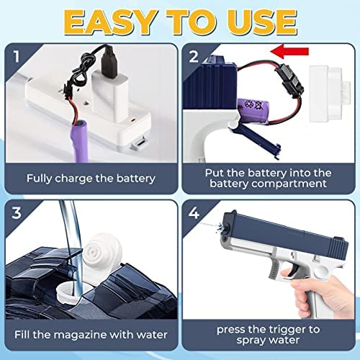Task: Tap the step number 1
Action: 17,57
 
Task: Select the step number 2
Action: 194,57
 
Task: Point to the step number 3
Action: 17,212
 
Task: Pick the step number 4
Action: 194,212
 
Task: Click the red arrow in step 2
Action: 289,51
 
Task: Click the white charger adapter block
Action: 109,96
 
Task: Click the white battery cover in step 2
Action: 330,94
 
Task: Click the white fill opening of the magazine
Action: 70,292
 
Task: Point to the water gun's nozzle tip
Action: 226,227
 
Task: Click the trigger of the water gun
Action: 294,268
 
